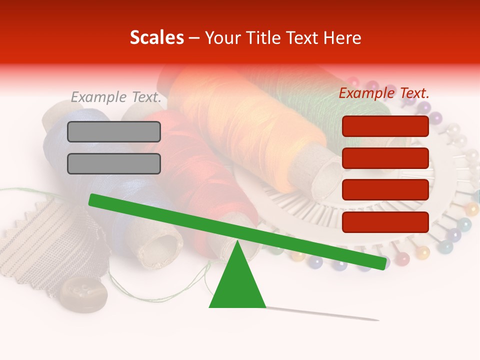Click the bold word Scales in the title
(x=157, y=37)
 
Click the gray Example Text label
(x=116, y=97)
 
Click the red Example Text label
(x=384, y=93)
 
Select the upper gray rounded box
(x=114, y=131)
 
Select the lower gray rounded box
(x=114, y=163)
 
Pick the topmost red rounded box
(x=385, y=126)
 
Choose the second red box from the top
(x=385, y=158)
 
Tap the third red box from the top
(x=385, y=190)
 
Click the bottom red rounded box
(x=385, y=222)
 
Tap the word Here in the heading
(x=341, y=37)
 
